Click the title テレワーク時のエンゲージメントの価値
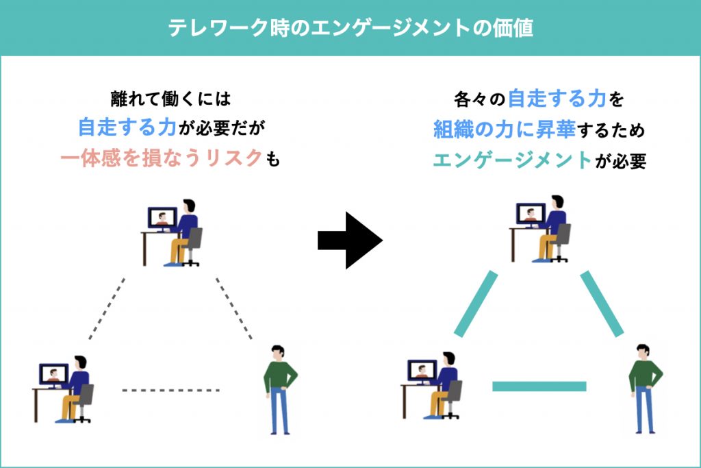[x=350, y=27]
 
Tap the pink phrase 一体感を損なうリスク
[x=162, y=158]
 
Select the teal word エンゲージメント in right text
[x=512, y=160]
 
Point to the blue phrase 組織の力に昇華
[x=505, y=130]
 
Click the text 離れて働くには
[x=170, y=99]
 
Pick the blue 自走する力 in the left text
[x=127, y=127]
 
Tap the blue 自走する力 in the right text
[x=557, y=99]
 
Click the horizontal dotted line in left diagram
[x=170, y=390]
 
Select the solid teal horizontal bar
[x=539, y=386]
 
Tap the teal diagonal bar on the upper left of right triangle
[x=476, y=304]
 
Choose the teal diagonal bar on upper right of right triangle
[x=602, y=304]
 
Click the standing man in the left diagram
[x=280, y=389]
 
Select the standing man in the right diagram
[x=645, y=389]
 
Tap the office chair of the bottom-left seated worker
[x=83, y=403]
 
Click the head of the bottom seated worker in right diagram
[x=448, y=359]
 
